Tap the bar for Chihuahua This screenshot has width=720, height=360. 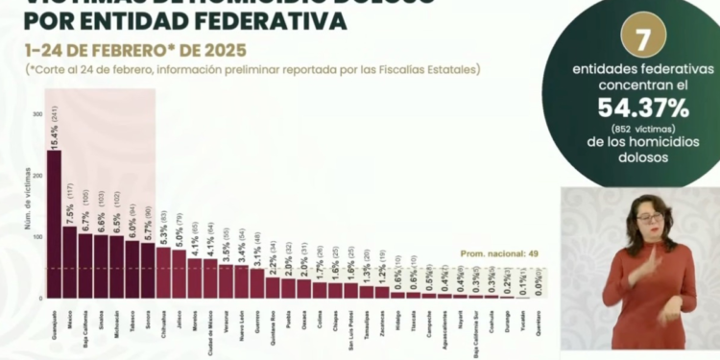pyautogui.click(x=163, y=273)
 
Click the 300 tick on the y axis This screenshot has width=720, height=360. pyautogui.click(x=37, y=114)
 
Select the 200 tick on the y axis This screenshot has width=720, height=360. pyautogui.click(x=37, y=176)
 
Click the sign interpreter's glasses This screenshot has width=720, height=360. pyautogui.click(x=650, y=218)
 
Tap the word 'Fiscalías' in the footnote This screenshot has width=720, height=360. pyautogui.click(x=390, y=69)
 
